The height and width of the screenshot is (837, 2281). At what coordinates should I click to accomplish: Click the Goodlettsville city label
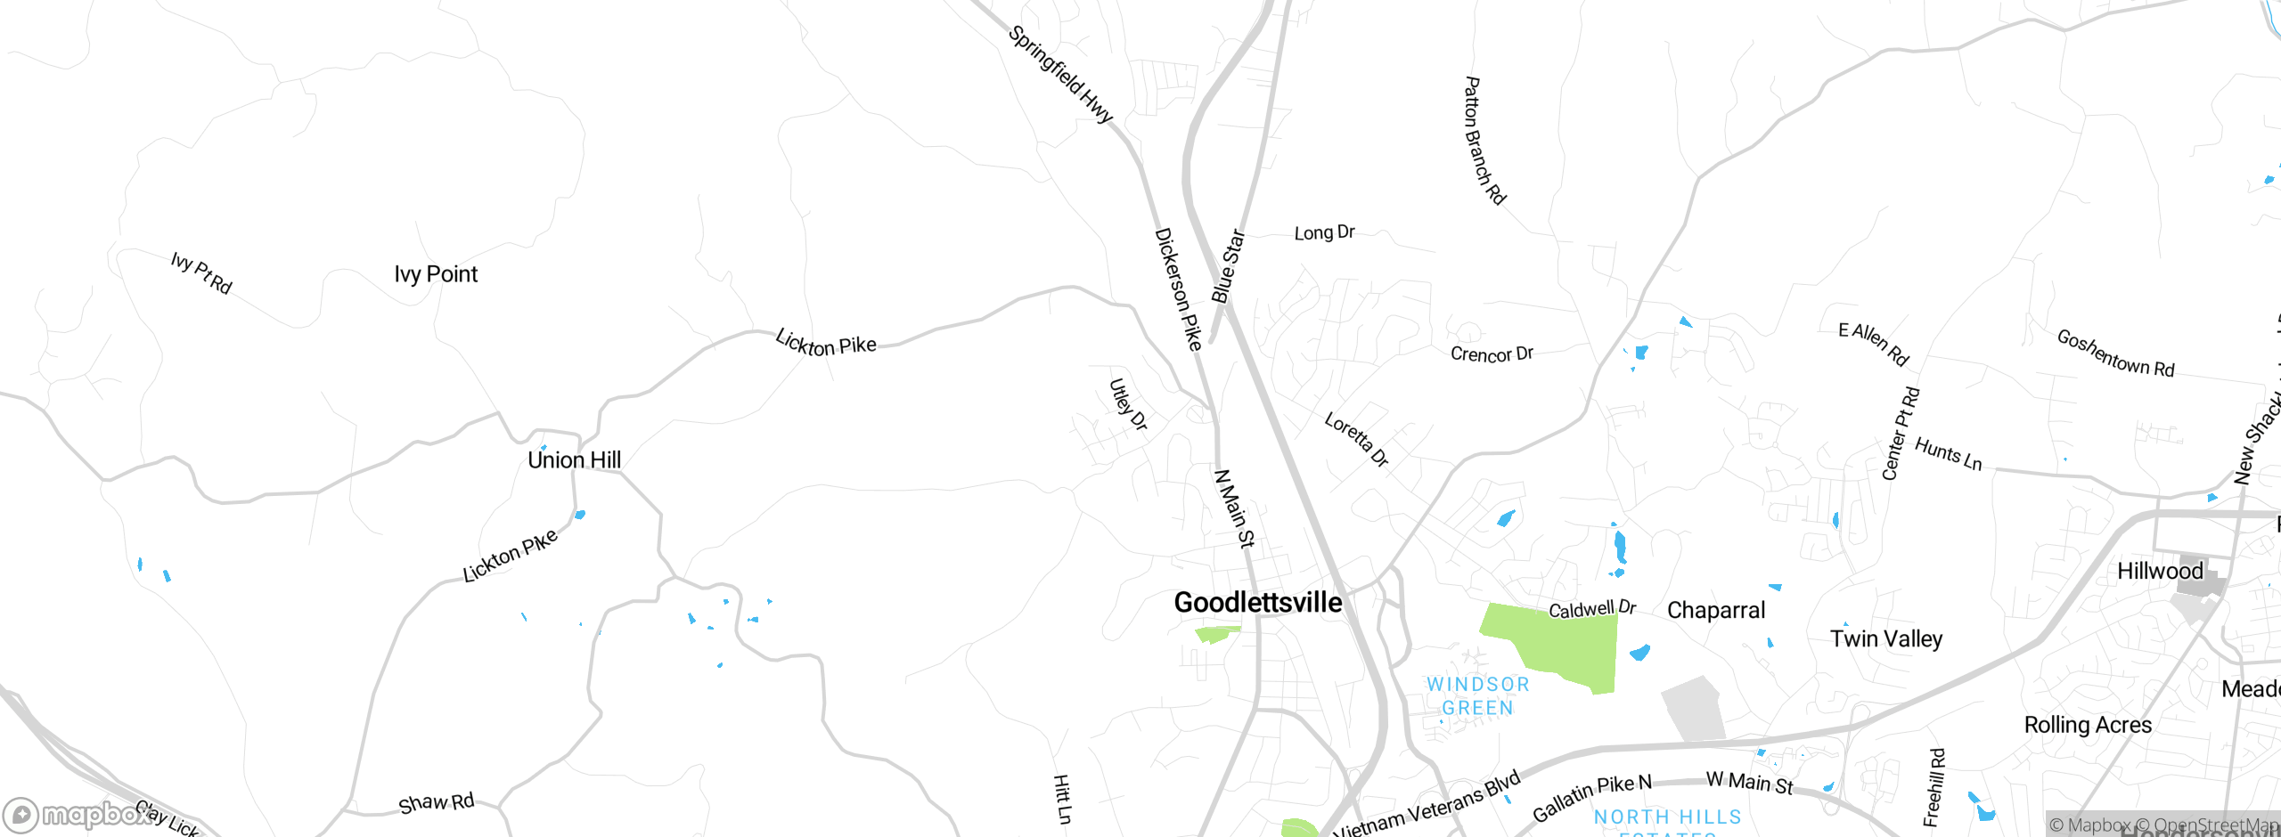pyautogui.click(x=1257, y=603)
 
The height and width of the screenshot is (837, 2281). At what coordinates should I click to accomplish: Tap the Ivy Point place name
pyautogui.click(x=436, y=274)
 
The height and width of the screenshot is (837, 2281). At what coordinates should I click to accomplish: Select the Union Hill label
pyautogui.click(x=574, y=460)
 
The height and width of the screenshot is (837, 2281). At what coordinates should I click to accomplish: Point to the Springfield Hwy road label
pyautogui.click(x=1060, y=75)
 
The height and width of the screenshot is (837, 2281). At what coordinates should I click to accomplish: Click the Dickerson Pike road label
pyautogui.click(x=1178, y=289)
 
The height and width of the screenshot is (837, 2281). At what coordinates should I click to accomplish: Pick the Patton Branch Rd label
pyautogui.click(x=1484, y=141)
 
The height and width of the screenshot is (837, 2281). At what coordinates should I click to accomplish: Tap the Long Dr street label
pyautogui.click(x=1324, y=233)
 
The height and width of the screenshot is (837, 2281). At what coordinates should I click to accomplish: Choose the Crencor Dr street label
pyautogui.click(x=1492, y=354)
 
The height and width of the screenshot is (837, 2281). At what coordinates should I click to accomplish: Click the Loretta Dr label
pyautogui.click(x=1356, y=439)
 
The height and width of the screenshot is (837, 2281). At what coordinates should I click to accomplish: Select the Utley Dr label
pyautogui.click(x=1127, y=405)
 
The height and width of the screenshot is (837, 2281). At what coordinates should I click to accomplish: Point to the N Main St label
pyautogui.click(x=1235, y=508)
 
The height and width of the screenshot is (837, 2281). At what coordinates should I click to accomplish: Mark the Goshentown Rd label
pyautogui.click(x=2115, y=353)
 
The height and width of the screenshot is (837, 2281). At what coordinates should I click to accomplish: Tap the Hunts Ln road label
pyautogui.click(x=1948, y=454)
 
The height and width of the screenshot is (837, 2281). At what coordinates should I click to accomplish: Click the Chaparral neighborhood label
pyautogui.click(x=1715, y=611)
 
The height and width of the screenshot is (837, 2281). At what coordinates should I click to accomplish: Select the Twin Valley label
pyautogui.click(x=1886, y=639)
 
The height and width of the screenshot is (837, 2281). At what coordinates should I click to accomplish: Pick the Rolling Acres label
pyautogui.click(x=2088, y=725)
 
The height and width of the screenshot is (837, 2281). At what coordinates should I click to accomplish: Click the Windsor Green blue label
pyautogui.click(x=1477, y=696)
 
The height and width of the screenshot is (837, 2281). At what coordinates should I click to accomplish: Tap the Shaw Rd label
pyautogui.click(x=436, y=803)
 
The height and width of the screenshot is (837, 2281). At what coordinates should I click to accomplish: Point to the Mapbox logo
pyautogui.click(x=76, y=815)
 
